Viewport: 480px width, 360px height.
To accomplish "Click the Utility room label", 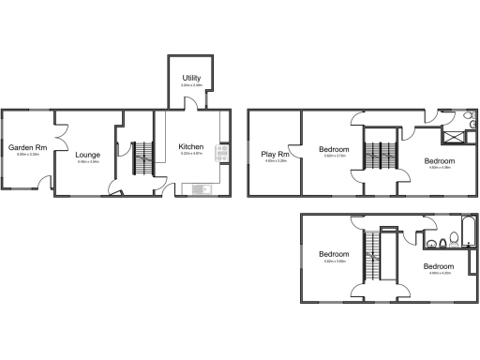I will point(191,78).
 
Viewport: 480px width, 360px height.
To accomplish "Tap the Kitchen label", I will point(191,147).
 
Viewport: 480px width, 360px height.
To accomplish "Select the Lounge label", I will point(87,156).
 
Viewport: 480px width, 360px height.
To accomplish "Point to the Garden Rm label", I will point(27,148).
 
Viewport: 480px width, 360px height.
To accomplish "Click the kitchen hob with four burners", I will point(223,152).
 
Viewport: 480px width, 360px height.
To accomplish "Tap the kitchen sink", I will point(202,189).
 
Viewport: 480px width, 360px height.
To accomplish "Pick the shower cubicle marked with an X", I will point(453,138).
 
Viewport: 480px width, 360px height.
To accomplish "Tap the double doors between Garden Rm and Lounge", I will point(58,145).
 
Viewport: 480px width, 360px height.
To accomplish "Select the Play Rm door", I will point(297,153).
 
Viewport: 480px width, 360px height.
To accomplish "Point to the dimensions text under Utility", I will point(191,85).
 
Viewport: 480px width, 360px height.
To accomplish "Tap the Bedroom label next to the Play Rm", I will point(334,150).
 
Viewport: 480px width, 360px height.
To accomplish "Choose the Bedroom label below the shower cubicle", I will point(439,161).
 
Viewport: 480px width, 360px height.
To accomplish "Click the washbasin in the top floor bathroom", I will point(430,246).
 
